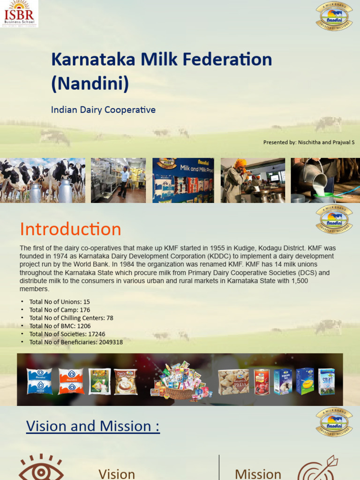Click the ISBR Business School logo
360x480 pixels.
coord(19,14)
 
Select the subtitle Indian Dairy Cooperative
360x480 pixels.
coord(103,110)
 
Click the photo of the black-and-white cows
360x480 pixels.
coord(42,180)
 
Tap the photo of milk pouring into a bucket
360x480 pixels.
coord(325,180)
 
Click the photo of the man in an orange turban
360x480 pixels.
coord(252,180)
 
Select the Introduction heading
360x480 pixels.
coord(70,229)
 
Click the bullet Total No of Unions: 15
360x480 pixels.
coord(60,302)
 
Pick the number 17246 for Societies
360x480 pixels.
coord(97,334)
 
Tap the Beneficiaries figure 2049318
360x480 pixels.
coord(111,342)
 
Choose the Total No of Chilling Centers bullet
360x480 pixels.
coord(71,318)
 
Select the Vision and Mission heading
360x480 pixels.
coord(93,426)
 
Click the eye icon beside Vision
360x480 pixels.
coord(41,469)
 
